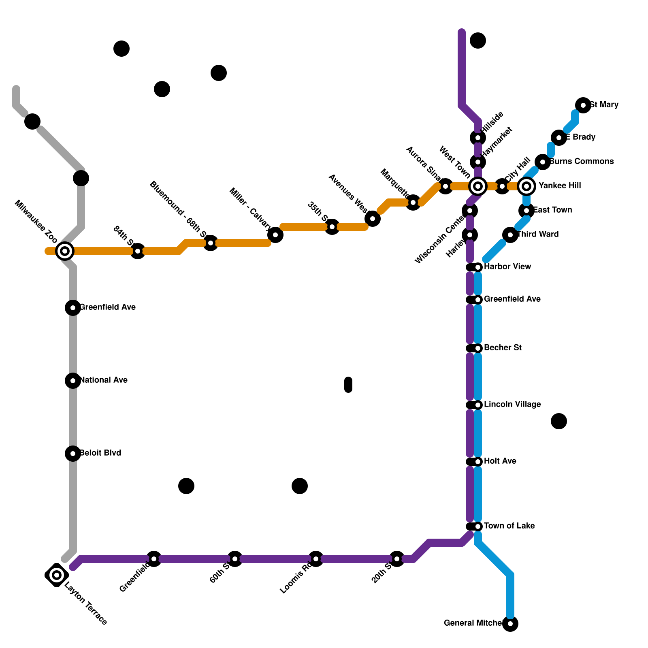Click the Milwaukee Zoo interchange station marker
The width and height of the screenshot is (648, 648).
(65, 251)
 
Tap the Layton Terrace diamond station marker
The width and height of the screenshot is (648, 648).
(57, 575)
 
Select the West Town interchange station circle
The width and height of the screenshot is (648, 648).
(478, 186)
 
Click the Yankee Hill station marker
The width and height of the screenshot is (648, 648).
(526, 186)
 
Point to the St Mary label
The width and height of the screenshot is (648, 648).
(604, 105)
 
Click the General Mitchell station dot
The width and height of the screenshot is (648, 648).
(510, 624)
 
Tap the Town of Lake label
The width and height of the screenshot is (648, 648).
(509, 526)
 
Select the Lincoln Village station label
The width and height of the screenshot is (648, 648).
(512, 405)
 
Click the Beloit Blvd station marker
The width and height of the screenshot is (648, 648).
(73, 454)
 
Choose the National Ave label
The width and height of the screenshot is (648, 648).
(104, 380)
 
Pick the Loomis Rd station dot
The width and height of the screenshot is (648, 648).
(316, 559)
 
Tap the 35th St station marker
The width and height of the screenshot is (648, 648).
(332, 227)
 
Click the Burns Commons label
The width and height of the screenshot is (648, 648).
(581, 162)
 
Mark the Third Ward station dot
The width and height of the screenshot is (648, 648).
(510, 235)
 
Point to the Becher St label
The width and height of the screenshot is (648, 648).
(503, 348)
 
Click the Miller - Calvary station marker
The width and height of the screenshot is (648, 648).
(275, 235)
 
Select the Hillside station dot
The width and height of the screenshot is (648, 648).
(478, 138)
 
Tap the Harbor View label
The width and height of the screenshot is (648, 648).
(507, 267)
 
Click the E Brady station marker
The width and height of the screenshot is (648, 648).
(559, 138)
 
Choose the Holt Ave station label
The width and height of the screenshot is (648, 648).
(500, 461)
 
